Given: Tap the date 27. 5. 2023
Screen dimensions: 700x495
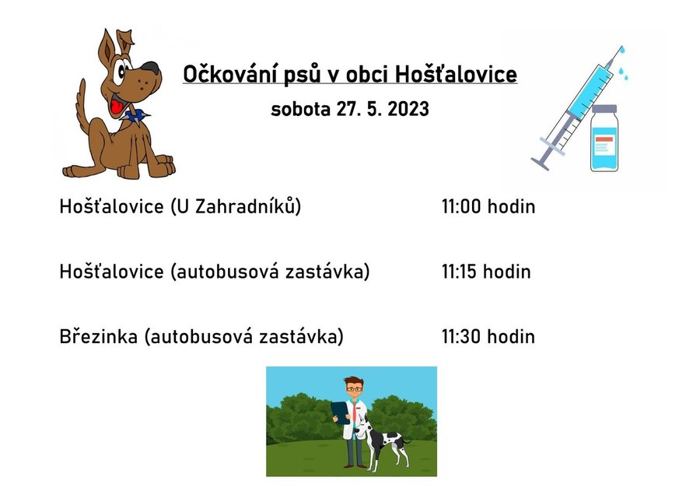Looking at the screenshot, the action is (x=383, y=109).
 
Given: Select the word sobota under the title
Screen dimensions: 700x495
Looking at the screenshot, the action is (x=300, y=109).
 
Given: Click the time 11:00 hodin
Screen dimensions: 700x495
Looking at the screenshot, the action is (x=488, y=206).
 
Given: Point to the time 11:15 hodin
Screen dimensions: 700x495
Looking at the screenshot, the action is (x=486, y=272).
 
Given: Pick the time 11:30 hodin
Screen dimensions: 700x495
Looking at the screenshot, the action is (x=488, y=336).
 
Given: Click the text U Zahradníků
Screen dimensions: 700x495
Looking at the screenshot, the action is (x=236, y=206).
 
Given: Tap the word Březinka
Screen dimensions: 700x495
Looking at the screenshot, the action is (x=99, y=336).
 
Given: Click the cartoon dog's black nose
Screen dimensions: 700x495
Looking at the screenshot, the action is (x=150, y=68).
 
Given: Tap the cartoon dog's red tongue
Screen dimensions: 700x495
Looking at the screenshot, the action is (x=117, y=107).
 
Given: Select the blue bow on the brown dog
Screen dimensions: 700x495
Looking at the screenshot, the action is (x=135, y=116).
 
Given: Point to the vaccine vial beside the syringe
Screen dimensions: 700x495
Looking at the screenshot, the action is (x=604, y=138).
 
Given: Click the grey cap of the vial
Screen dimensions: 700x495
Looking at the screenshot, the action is (x=604, y=108).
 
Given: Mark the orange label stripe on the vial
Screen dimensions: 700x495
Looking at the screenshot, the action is (x=604, y=139).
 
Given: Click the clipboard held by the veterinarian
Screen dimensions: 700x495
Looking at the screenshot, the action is (x=341, y=412).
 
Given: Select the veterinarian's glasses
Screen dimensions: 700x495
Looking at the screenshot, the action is (x=354, y=389).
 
